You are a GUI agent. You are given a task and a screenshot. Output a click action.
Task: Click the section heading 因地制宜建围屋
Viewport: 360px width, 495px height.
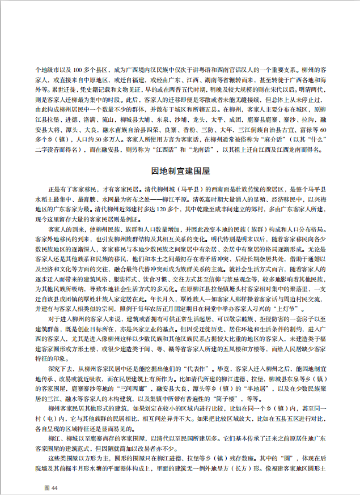pyautogui.click(x=180, y=170)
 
